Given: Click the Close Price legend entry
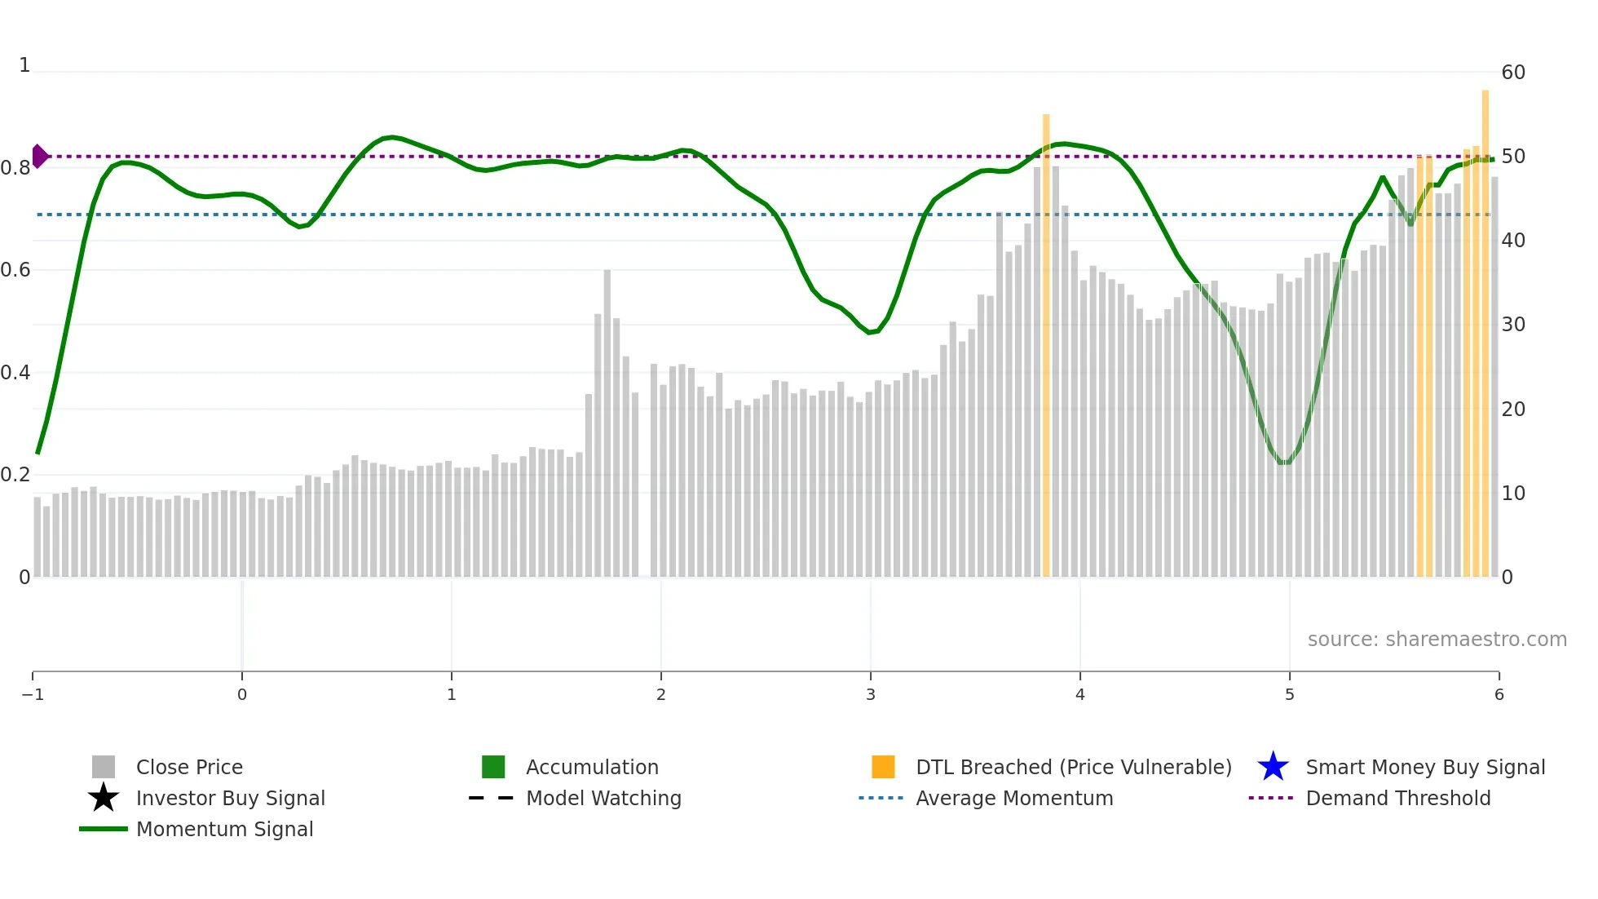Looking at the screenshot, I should point(188,767).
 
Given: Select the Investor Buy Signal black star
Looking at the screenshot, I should point(104,798).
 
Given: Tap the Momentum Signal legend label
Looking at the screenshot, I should point(224,829).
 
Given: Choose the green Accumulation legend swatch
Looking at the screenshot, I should point(493,767).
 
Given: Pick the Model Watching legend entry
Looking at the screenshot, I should point(603,798).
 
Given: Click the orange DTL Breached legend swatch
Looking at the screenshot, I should point(883,767).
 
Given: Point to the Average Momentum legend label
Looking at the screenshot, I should point(1013,798).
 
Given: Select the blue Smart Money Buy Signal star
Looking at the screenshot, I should point(1273,767).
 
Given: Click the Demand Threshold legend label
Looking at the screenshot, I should point(1397,798).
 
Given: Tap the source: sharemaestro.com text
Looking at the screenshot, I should point(1437,640).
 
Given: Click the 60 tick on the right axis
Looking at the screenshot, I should point(1513,73).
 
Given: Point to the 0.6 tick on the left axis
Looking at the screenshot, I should point(16,270).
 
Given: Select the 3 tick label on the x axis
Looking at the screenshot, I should point(871,694).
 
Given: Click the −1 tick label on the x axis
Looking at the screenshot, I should point(33,694).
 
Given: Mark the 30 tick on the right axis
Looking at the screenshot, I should point(1513,325).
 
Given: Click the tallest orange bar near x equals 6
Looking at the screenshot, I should point(1485,326).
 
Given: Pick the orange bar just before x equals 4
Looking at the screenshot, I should point(1046,343).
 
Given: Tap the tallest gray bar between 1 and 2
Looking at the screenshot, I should point(607,424).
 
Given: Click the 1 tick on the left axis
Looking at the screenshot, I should point(24,65).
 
